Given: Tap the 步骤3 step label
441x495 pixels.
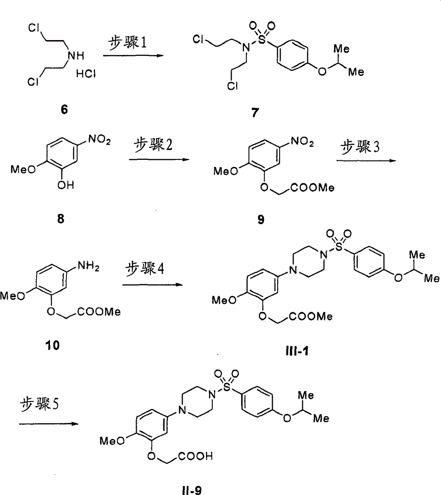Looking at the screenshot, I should [x=359, y=148].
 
